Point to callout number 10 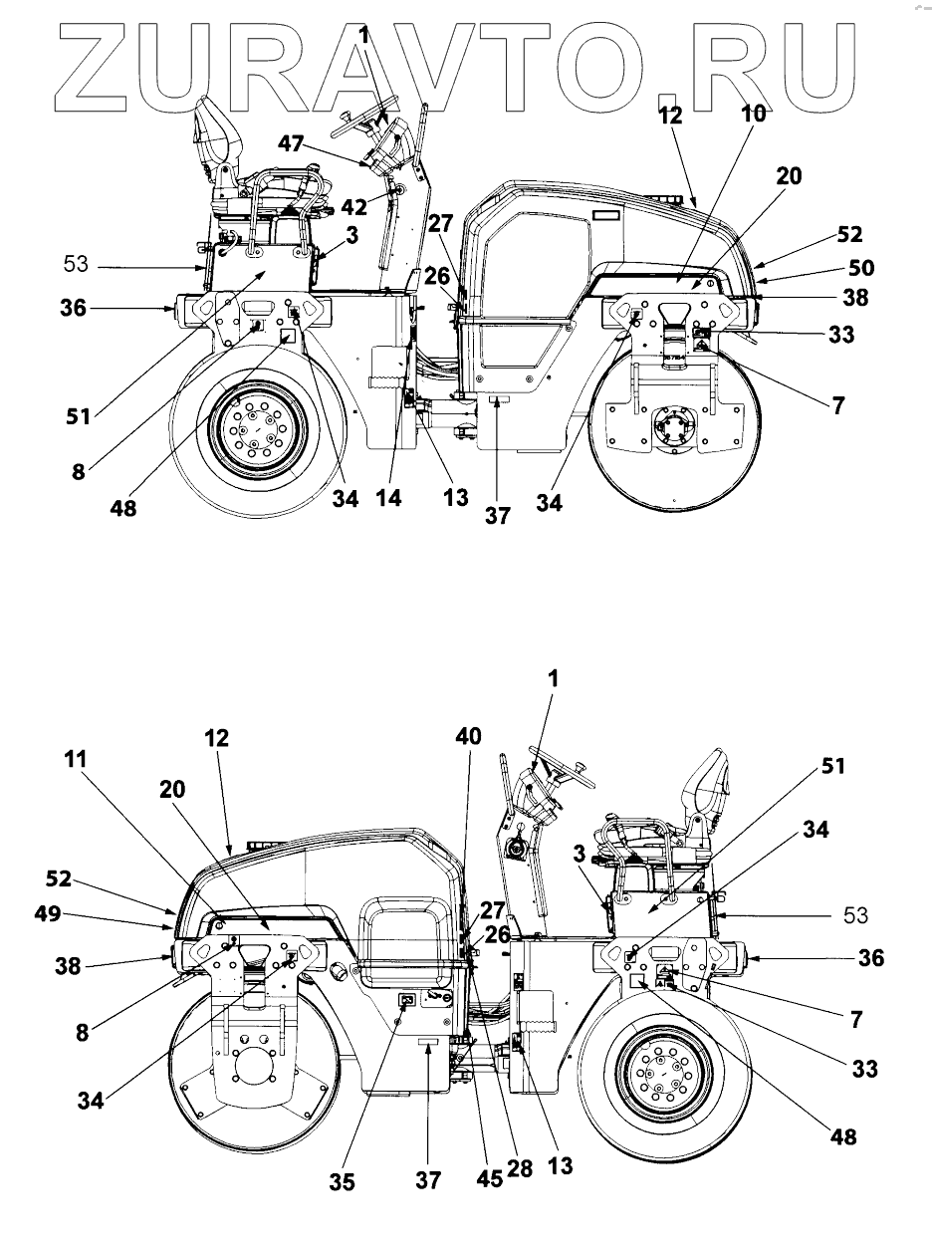754,115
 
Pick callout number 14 389,498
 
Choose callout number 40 468,736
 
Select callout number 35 344,1182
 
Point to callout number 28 519,1167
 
